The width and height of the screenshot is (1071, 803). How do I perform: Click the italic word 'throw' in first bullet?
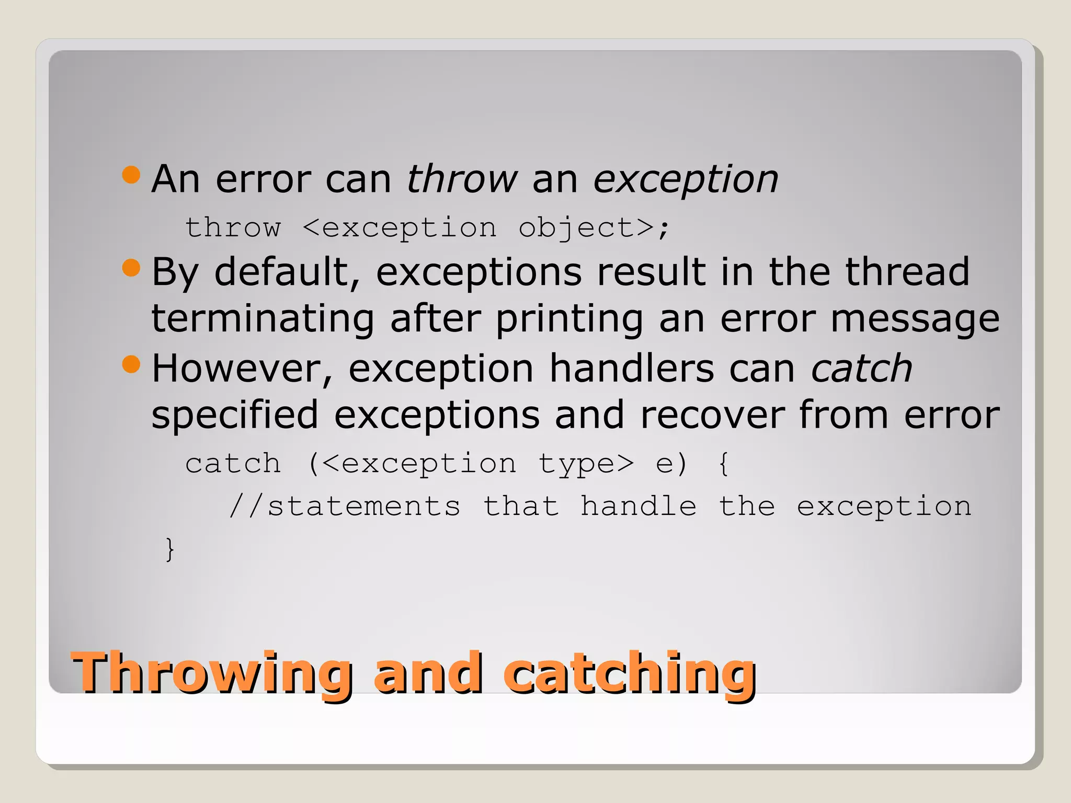point(462,179)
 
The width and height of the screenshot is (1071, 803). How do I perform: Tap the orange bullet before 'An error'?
point(131,175)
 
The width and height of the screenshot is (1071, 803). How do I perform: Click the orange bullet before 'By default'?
point(131,268)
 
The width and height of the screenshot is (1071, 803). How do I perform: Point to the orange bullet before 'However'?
point(131,364)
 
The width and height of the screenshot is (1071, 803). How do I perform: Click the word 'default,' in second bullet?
point(287,272)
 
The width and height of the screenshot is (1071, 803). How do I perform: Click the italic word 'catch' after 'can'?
point(861,369)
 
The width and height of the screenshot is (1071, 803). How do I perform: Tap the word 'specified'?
point(235,416)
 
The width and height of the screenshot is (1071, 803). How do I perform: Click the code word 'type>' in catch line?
point(586,464)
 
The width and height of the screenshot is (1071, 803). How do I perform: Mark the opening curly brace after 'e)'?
point(724,464)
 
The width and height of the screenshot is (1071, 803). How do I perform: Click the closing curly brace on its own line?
point(169,549)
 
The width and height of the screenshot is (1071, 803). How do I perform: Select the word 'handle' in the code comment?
point(638,506)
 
